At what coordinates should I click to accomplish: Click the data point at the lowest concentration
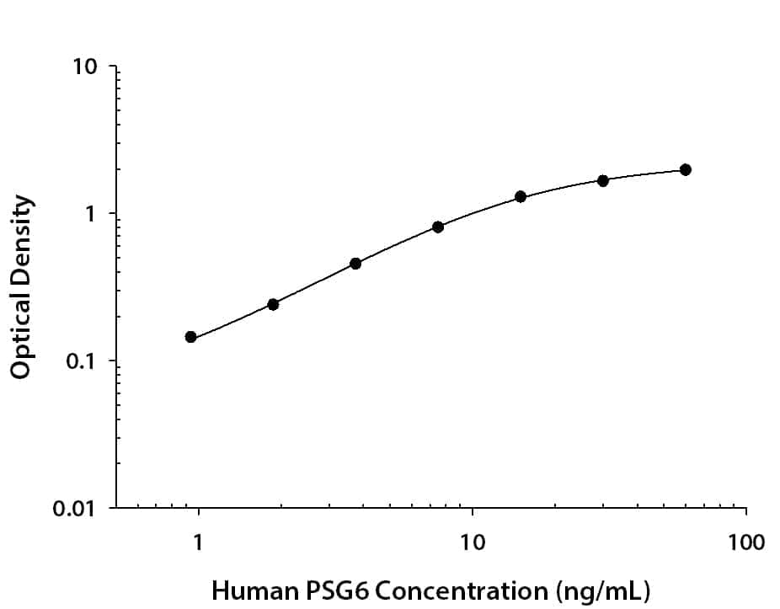click(191, 337)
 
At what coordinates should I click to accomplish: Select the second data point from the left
click(273, 304)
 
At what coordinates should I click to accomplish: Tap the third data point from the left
click(355, 264)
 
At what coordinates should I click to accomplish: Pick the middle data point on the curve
click(438, 227)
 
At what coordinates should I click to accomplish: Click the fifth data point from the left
click(521, 196)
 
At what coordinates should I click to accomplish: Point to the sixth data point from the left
click(603, 180)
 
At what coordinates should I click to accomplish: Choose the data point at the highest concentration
click(686, 169)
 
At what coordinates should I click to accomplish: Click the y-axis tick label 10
click(84, 67)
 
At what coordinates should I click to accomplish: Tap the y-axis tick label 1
click(90, 214)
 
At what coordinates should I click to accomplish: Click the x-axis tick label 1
click(199, 542)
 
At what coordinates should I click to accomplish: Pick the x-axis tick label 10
click(473, 542)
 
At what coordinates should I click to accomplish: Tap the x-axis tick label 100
click(746, 542)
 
